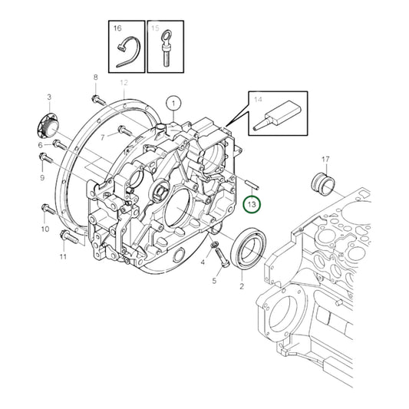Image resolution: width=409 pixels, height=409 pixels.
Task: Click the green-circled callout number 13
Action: click(252, 203)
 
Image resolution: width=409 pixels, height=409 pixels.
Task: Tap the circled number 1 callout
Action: click(173, 103)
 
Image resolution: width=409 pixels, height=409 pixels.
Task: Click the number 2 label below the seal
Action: click(241, 285)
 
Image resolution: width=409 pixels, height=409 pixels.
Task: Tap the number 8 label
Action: click(96, 78)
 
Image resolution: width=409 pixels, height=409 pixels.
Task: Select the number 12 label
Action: click(123, 82)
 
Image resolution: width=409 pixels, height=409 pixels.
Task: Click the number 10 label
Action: click(45, 229)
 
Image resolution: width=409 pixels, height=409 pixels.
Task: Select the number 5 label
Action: click(214, 282)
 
